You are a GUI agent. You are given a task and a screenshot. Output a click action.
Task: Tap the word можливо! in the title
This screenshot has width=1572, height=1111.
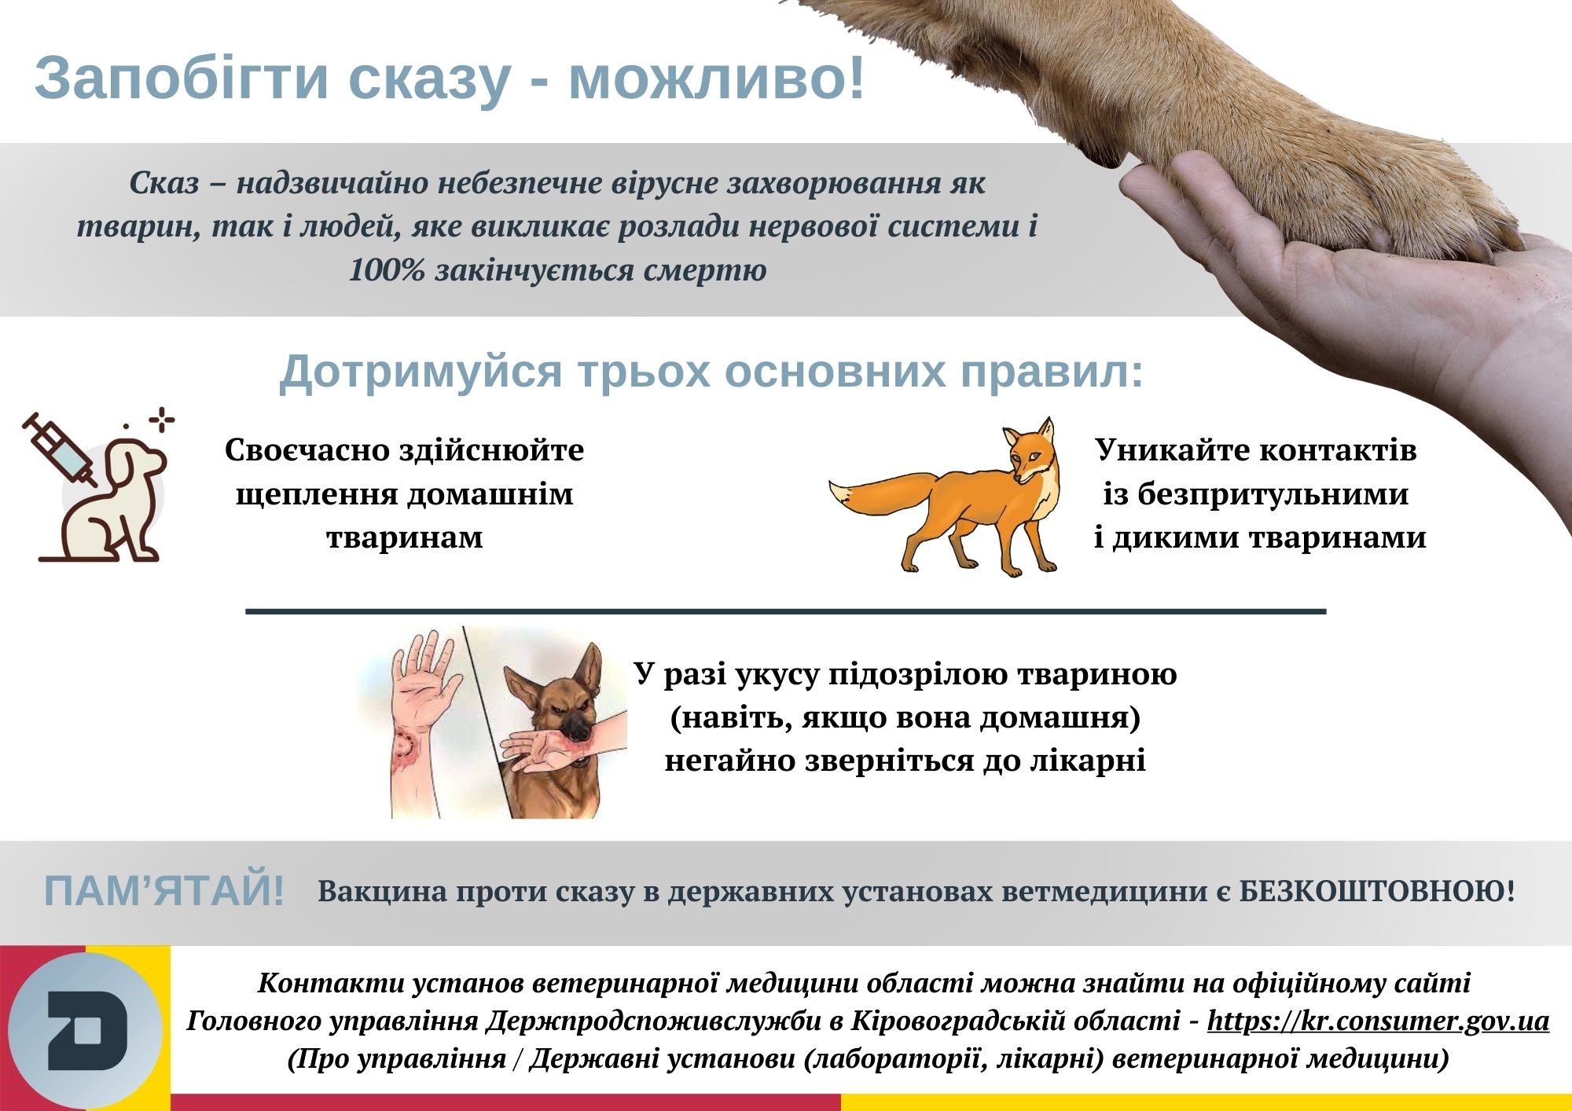tap(716, 79)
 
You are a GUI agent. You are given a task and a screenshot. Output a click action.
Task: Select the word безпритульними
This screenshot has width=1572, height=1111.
tap(1255, 495)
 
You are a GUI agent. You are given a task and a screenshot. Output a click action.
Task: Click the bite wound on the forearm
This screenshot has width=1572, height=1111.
tap(408, 746)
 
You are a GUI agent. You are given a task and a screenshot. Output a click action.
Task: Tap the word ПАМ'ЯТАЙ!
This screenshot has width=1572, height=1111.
tap(163, 892)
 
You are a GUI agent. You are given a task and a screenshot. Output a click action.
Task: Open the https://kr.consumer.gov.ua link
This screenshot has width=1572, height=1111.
tap(1378, 1021)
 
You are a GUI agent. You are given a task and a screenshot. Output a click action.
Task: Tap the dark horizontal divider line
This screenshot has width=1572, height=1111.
tap(786, 610)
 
